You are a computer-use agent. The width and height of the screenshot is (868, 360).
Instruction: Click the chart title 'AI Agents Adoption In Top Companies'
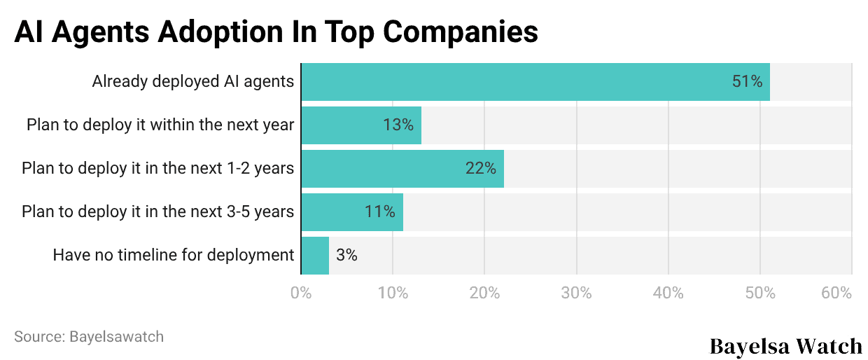pos(276,32)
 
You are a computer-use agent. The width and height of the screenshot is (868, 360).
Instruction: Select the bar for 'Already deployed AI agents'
pos(535,82)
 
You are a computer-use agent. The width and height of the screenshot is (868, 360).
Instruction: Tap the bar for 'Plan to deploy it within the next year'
pos(360,125)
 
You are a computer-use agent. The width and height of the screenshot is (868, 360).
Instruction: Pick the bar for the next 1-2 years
pos(402,169)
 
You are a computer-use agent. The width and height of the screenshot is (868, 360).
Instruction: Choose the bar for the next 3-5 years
pos(351,212)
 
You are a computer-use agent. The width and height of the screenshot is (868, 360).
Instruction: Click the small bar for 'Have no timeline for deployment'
pos(315,256)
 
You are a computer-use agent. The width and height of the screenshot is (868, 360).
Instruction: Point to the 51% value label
pos(747,82)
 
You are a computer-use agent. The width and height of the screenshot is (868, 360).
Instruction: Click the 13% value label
pos(398,125)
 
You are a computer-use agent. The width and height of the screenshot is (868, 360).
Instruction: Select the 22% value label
pos(480,169)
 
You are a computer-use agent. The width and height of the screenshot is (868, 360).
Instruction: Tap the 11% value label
pos(379,212)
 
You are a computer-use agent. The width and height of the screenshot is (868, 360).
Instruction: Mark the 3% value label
pos(346,256)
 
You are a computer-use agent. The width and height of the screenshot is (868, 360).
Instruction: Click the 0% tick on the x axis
pos(301,293)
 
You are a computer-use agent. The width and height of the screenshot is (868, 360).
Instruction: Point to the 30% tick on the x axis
pos(576,293)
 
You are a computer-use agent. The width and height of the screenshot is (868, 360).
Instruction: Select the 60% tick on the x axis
pos(836,293)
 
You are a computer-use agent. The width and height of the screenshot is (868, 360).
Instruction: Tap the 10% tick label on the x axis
pos(393,293)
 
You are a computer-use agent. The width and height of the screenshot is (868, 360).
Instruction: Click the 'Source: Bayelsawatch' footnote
pos(89,337)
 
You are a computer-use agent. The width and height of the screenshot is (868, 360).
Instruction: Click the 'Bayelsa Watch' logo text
pos(786,346)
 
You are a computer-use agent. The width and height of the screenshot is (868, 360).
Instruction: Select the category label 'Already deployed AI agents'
pos(193,82)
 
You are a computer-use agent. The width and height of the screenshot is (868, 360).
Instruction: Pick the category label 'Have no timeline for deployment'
pos(174,256)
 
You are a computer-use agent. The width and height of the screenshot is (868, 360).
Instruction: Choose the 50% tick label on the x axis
pos(759,293)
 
